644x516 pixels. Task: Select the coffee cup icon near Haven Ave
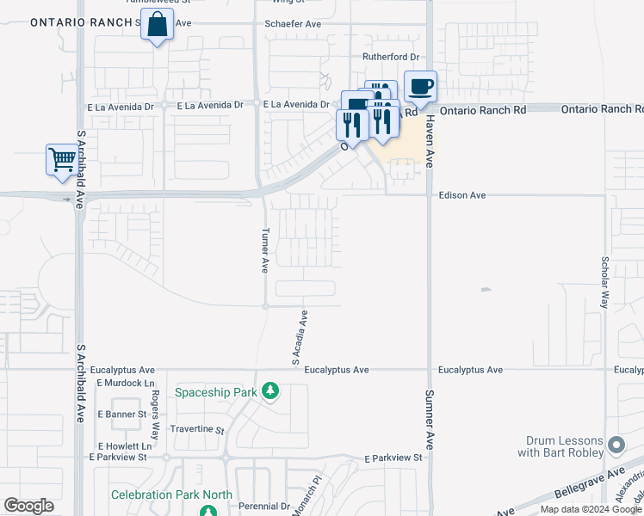[x=420, y=87]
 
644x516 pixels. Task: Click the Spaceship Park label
[x=216, y=392]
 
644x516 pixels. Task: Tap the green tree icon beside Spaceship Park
[x=270, y=392]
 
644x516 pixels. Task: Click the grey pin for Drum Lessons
[x=616, y=445]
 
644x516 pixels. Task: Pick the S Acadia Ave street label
[x=299, y=338]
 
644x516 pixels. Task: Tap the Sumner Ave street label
[x=428, y=420]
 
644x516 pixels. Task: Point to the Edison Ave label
[x=462, y=195]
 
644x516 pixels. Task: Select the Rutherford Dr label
[x=390, y=57]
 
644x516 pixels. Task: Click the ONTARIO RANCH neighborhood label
[x=82, y=22]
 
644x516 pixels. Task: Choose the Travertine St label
[x=197, y=429]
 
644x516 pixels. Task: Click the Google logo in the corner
[x=28, y=506]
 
